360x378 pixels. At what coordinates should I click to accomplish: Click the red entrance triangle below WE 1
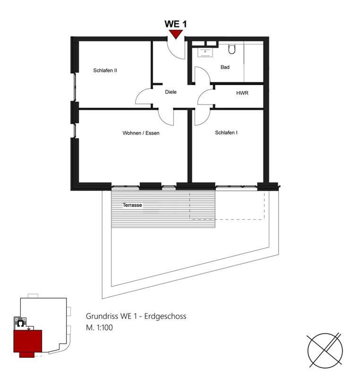pyautogui.click(x=176, y=34)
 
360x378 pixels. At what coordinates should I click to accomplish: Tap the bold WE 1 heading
pyautogui.click(x=176, y=24)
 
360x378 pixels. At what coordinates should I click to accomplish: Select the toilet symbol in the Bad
pyautogui.click(x=231, y=49)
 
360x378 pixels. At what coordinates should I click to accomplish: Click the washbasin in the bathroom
pyautogui.click(x=205, y=52)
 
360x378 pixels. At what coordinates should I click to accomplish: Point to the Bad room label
pyautogui.click(x=225, y=67)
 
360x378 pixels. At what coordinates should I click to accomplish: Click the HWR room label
pyautogui.click(x=242, y=93)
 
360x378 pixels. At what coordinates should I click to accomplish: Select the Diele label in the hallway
pyautogui.click(x=171, y=92)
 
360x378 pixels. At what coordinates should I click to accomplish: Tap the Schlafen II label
pyautogui.click(x=105, y=70)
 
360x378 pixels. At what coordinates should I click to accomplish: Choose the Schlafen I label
pyautogui.click(x=226, y=133)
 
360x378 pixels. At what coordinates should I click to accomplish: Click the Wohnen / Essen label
pyautogui.click(x=141, y=133)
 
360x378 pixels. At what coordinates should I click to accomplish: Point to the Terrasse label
pyautogui.click(x=132, y=205)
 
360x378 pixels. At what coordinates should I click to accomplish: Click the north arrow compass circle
pyautogui.click(x=325, y=351)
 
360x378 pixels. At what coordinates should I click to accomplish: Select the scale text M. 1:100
pyautogui.click(x=99, y=327)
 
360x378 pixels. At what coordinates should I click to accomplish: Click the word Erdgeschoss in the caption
pyautogui.click(x=165, y=316)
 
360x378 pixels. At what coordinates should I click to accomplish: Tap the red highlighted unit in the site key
pyautogui.click(x=28, y=342)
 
